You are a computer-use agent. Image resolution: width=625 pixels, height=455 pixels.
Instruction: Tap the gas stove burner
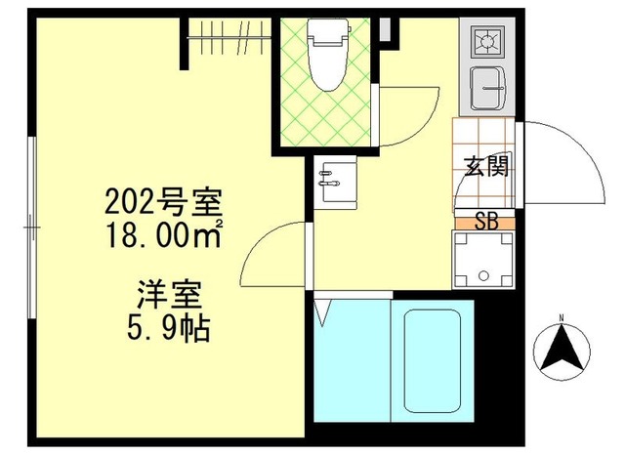[x=484, y=41]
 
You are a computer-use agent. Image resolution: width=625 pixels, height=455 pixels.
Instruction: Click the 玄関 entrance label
[x=485, y=166]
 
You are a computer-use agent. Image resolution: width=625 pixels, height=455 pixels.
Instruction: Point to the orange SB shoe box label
[x=484, y=222]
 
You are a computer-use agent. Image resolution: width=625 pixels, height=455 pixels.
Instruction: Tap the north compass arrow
[x=562, y=351]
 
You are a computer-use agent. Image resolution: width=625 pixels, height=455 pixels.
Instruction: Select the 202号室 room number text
[x=163, y=205]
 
